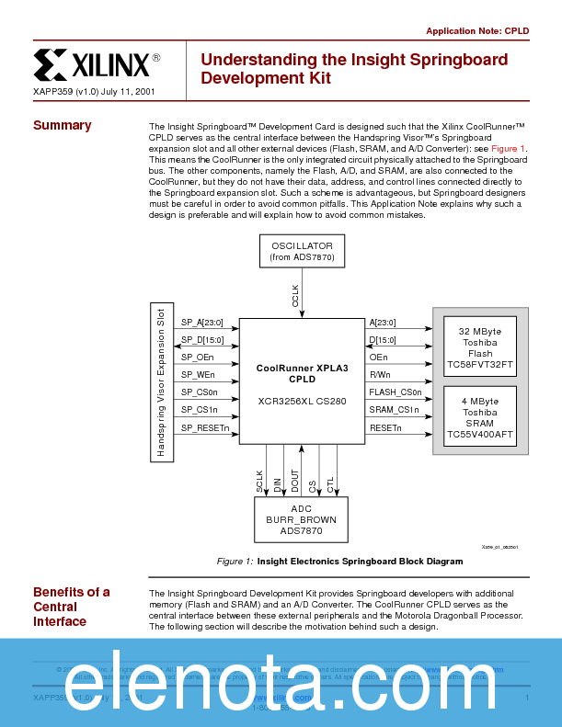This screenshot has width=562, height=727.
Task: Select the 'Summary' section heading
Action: tap(63, 125)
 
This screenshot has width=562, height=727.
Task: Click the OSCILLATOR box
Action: tap(302, 252)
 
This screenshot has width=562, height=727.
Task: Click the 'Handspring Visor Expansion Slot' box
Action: tap(161, 381)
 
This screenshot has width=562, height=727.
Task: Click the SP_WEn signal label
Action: tap(198, 374)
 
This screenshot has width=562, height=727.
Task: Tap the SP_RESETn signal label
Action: tap(204, 426)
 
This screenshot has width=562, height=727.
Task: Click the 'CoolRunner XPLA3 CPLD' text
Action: tap(303, 372)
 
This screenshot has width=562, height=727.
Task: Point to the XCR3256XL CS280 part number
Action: tap(303, 401)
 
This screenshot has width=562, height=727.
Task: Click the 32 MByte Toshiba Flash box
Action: tap(479, 347)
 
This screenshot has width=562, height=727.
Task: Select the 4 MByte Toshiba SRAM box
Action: tap(479, 417)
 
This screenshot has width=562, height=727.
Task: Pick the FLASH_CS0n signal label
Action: tap(395, 392)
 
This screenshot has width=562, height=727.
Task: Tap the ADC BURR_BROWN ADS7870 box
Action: tap(302, 519)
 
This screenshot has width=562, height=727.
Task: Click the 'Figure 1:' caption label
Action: tap(235, 561)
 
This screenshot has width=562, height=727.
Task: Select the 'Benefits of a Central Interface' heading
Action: tap(72, 607)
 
